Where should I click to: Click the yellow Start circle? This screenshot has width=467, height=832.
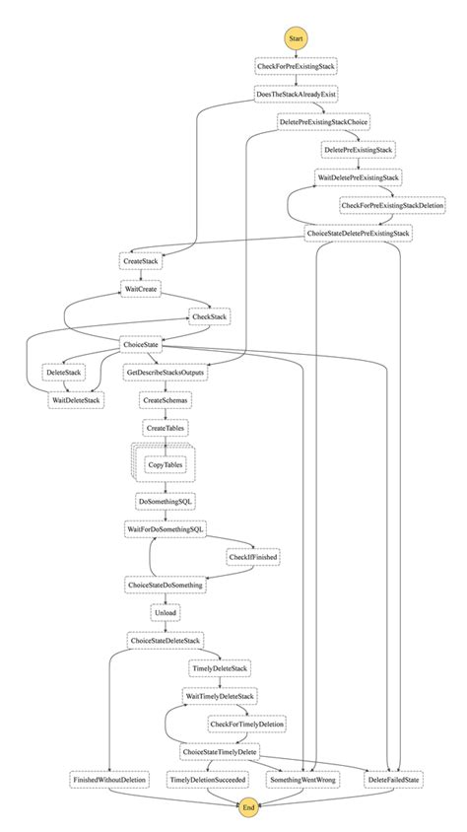pos(296,37)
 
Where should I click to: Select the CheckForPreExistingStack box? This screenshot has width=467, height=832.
pos(296,66)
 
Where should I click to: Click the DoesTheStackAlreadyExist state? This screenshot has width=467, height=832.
pos(297,94)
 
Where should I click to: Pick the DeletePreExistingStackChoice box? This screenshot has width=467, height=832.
pos(323,121)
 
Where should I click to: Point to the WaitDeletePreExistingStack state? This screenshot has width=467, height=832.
pos(358,176)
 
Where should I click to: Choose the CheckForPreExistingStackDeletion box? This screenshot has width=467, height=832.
pos(392,204)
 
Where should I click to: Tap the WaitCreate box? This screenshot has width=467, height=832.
pos(141,289)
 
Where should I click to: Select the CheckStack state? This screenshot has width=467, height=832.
pos(210,316)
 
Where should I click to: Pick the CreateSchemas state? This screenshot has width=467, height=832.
pos(166,401)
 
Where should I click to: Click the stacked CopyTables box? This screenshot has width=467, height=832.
pos(165,464)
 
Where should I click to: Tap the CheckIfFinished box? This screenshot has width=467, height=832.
pos(252,557)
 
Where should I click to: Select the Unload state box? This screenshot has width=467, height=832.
pos(165,612)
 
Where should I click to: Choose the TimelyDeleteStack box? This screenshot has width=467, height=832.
pos(219,668)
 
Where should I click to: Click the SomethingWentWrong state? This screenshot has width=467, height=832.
pos(302,779)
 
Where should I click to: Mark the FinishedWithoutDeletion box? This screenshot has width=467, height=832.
pos(109,779)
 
